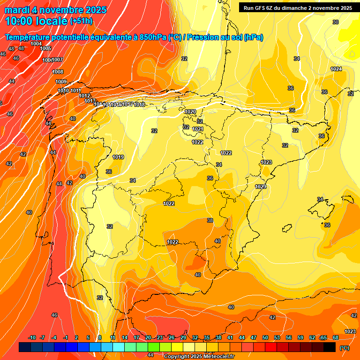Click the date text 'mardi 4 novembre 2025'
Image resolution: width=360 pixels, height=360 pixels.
(55, 10)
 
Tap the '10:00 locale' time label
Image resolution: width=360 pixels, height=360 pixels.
(36, 21)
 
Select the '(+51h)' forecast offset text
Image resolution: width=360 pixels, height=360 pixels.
(81, 21)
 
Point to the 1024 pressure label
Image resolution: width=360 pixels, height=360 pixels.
(336, 69)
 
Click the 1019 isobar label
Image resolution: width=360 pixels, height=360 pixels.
(119, 157)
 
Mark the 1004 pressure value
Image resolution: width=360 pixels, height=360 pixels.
(36, 44)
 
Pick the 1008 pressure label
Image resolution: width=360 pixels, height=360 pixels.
(58, 72)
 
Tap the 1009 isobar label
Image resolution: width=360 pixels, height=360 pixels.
(61, 82)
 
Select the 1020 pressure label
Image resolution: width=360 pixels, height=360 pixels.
(190, 112)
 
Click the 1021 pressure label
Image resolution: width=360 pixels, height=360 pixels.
(198, 129)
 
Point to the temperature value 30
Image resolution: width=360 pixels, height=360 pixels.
(336, 22)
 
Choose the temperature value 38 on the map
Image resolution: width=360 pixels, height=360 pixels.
(210, 220)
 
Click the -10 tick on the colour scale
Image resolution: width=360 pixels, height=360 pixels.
(32, 338)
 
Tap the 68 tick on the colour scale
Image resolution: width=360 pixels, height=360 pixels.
(336, 338)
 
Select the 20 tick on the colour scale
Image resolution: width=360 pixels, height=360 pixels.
(148, 338)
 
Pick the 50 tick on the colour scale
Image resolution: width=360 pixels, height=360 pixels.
(265, 338)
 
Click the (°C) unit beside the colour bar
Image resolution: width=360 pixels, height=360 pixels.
(344, 348)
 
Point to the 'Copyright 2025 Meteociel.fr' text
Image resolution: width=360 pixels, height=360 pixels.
(199, 356)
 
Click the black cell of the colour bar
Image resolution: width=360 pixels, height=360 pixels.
(330, 347)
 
